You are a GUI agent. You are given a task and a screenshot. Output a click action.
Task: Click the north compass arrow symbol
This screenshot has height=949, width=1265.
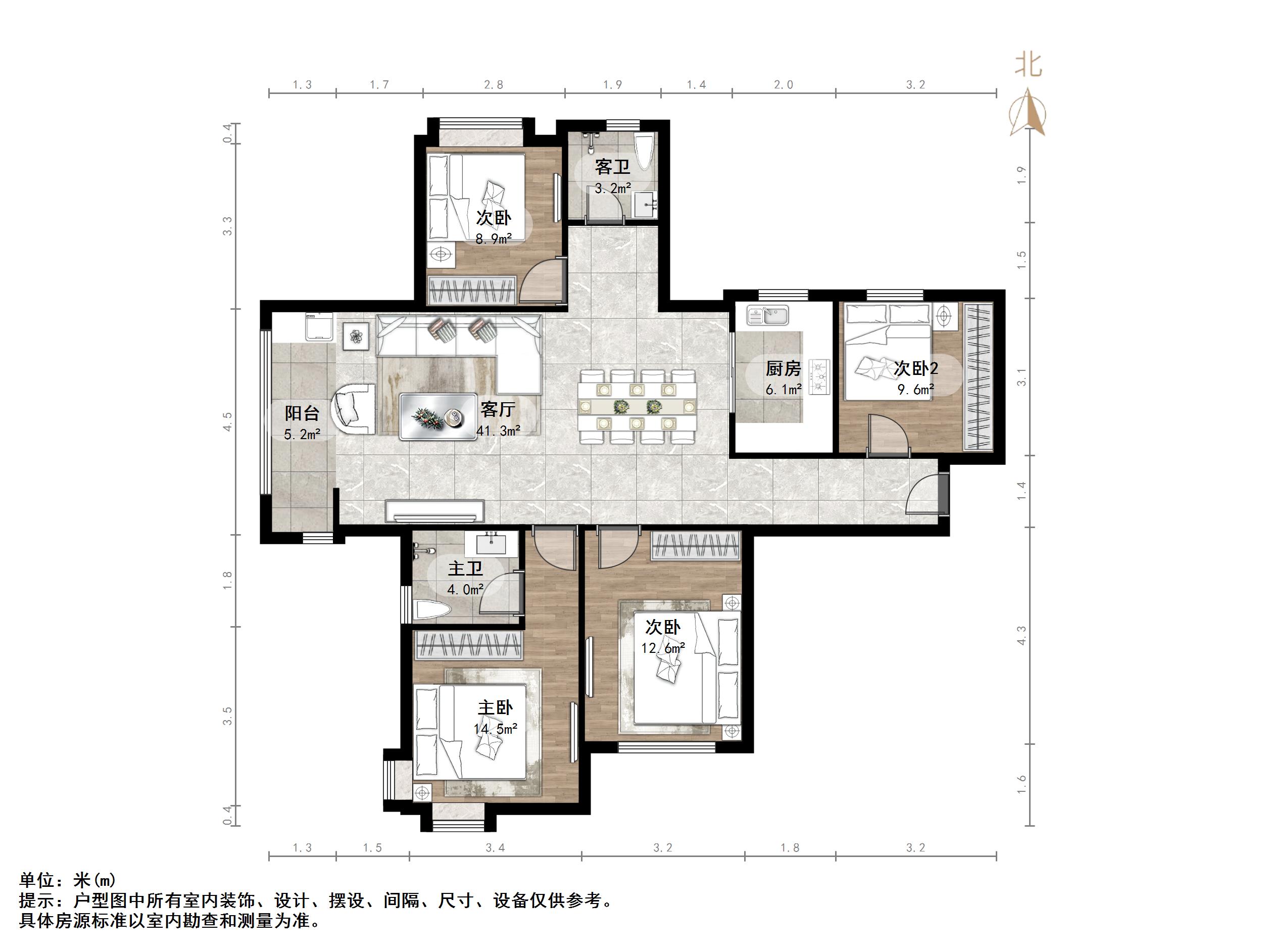click(x=1027, y=112)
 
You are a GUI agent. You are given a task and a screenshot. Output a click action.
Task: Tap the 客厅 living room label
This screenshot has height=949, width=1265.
click(x=498, y=410)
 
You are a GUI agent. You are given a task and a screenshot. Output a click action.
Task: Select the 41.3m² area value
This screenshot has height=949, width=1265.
click(x=499, y=431)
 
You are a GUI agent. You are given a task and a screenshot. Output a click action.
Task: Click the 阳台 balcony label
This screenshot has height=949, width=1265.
click(x=302, y=413)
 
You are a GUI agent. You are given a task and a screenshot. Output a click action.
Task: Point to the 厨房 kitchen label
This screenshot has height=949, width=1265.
click(x=784, y=368)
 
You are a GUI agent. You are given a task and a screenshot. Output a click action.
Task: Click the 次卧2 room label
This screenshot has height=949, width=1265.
click(x=915, y=368)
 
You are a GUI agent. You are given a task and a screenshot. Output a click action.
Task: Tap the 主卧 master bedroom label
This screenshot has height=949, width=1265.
click(x=495, y=707)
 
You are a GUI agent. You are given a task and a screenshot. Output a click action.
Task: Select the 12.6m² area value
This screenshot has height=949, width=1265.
click(x=663, y=648)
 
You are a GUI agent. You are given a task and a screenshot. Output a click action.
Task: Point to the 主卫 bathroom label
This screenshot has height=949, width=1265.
click(x=465, y=568)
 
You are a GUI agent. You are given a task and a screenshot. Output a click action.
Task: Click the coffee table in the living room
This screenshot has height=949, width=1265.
click(x=438, y=416)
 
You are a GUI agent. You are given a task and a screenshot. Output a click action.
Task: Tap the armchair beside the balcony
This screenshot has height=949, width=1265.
click(x=354, y=408)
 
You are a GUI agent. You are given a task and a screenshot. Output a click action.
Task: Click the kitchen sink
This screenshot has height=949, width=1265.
click(x=767, y=315)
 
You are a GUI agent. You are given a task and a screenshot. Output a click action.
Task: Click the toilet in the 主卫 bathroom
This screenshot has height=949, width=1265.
click(x=431, y=610)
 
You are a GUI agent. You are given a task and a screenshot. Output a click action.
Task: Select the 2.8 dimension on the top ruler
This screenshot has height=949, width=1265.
click(x=494, y=85)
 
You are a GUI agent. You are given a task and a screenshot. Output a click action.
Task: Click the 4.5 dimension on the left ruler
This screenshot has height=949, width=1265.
click(x=228, y=421)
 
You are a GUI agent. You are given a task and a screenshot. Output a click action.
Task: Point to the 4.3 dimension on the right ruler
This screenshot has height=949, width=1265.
click(x=1021, y=635)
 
